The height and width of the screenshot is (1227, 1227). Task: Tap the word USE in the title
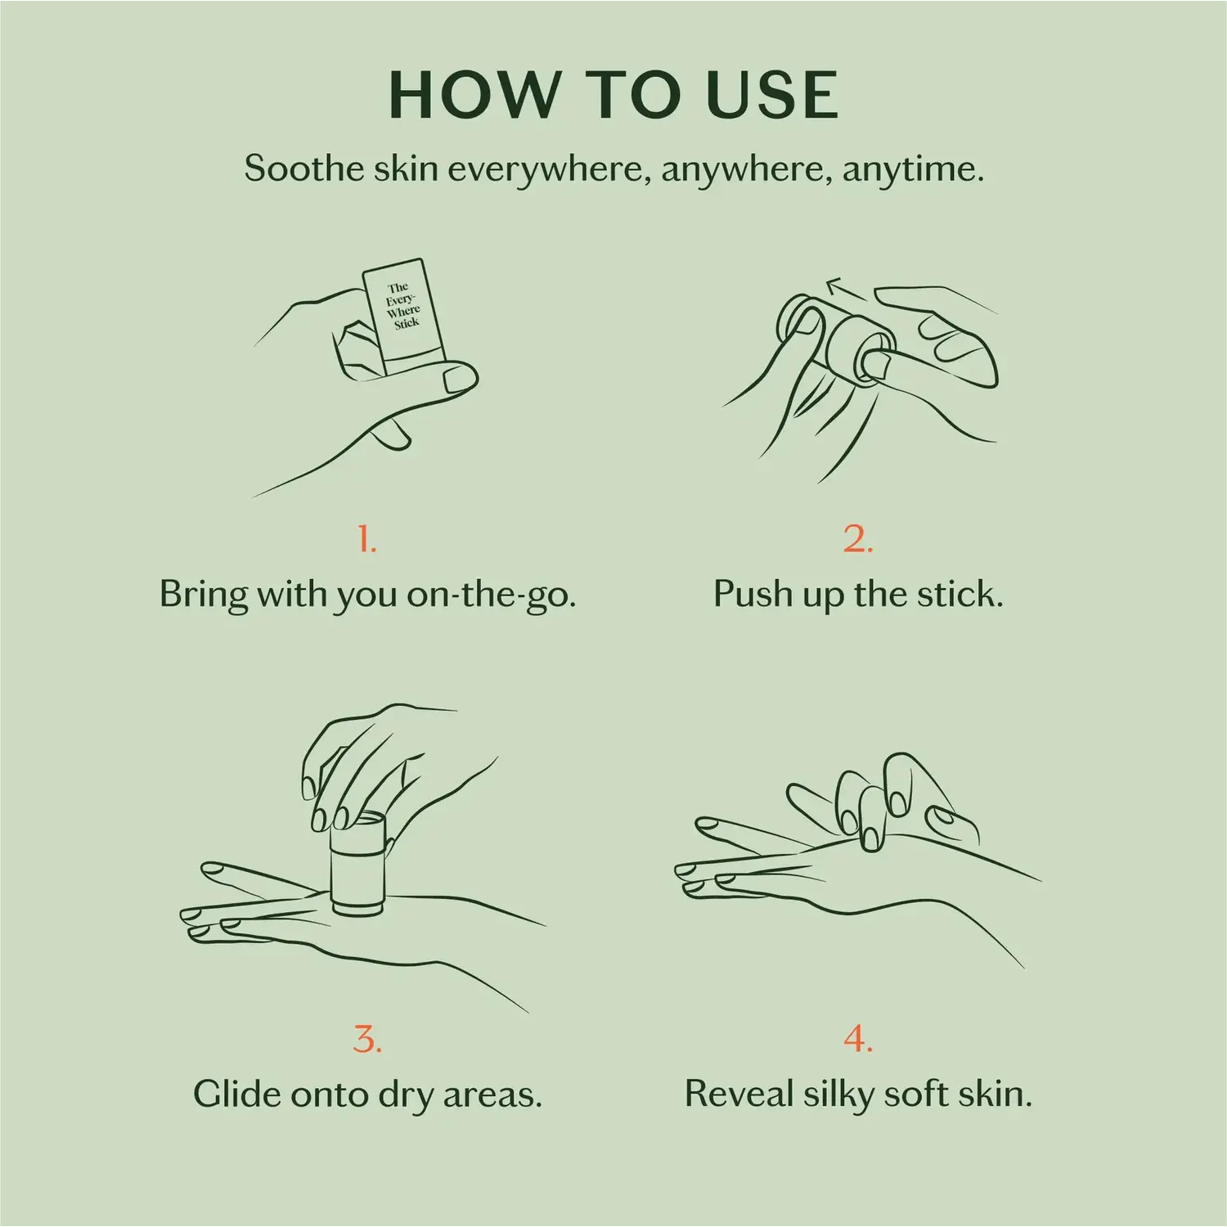(771, 95)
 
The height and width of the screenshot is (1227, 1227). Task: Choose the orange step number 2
(858, 539)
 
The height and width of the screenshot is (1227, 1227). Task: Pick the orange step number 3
(367, 1040)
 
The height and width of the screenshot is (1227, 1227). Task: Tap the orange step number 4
(858, 1040)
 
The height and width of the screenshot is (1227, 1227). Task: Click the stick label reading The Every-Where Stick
(402, 305)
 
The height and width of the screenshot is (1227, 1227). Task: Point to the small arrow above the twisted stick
(846, 290)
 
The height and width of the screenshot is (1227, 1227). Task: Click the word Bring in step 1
(204, 596)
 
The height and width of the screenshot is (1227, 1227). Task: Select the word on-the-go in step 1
(492, 595)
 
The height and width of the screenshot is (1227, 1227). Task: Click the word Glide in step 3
(236, 1094)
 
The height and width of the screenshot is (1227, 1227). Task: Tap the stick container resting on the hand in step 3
(357, 865)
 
